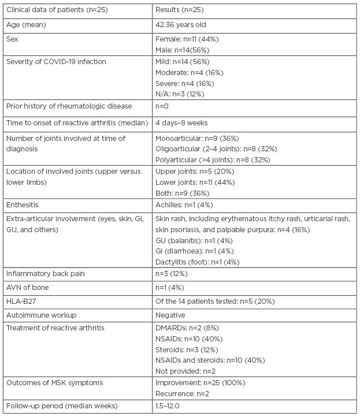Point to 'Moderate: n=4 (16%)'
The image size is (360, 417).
pyautogui.click(x=190, y=72)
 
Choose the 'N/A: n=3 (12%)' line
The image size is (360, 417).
pyautogui.click(x=180, y=94)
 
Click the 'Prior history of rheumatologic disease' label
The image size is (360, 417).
pyautogui.click(x=69, y=107)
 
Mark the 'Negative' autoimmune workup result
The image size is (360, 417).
pyautogui.click(x=170, y=316)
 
